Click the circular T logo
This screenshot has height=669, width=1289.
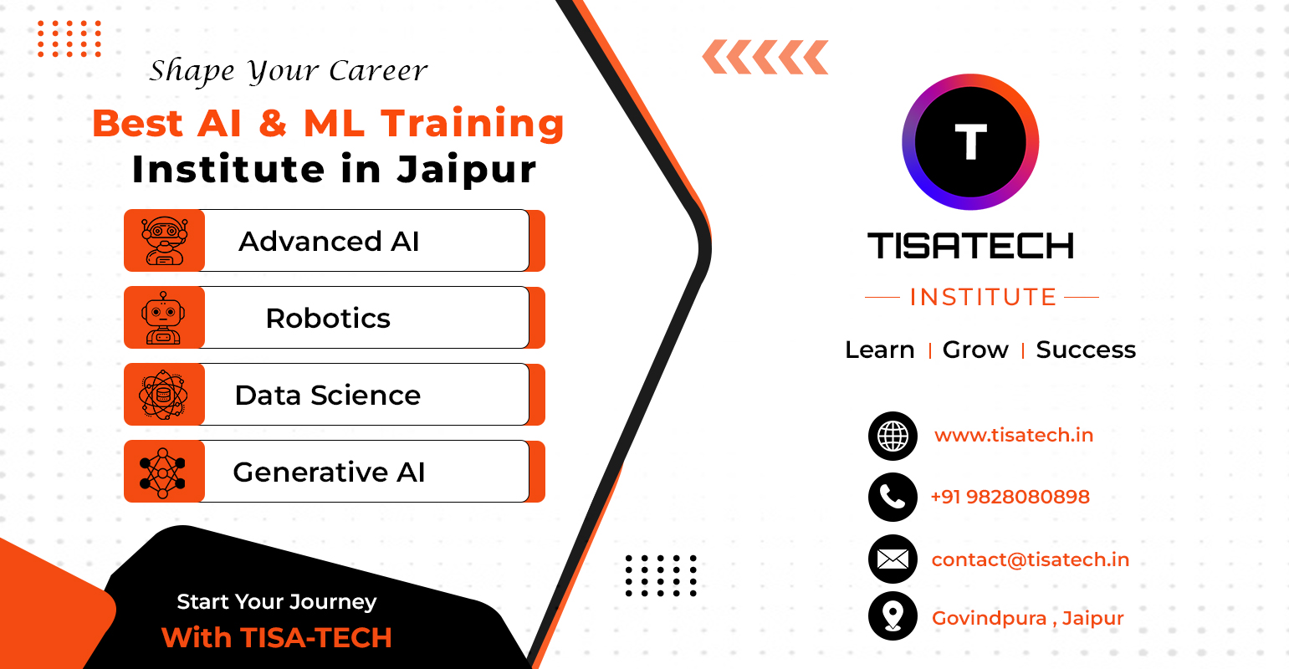970,141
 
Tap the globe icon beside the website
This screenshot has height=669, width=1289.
893,436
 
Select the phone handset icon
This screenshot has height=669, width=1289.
893,498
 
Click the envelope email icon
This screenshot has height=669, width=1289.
893,559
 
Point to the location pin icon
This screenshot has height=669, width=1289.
893,616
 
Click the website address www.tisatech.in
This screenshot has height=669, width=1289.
1014,435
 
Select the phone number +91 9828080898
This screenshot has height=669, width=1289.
1010,497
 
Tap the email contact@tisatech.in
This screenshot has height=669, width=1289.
1031,559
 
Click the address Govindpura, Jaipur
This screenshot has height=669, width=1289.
1028,618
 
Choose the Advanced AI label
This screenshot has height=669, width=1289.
329,241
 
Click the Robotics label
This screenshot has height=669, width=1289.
328,318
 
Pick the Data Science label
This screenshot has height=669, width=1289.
328,395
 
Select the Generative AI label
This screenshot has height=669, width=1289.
329,472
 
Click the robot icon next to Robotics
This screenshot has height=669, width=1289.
163,318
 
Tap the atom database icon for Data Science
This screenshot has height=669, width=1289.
163,395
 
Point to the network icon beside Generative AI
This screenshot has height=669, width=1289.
163,472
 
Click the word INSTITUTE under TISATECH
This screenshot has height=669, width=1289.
982,297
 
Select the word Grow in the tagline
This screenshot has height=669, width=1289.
975,350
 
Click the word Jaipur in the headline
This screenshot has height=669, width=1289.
466,170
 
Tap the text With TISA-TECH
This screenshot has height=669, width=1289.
277,637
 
